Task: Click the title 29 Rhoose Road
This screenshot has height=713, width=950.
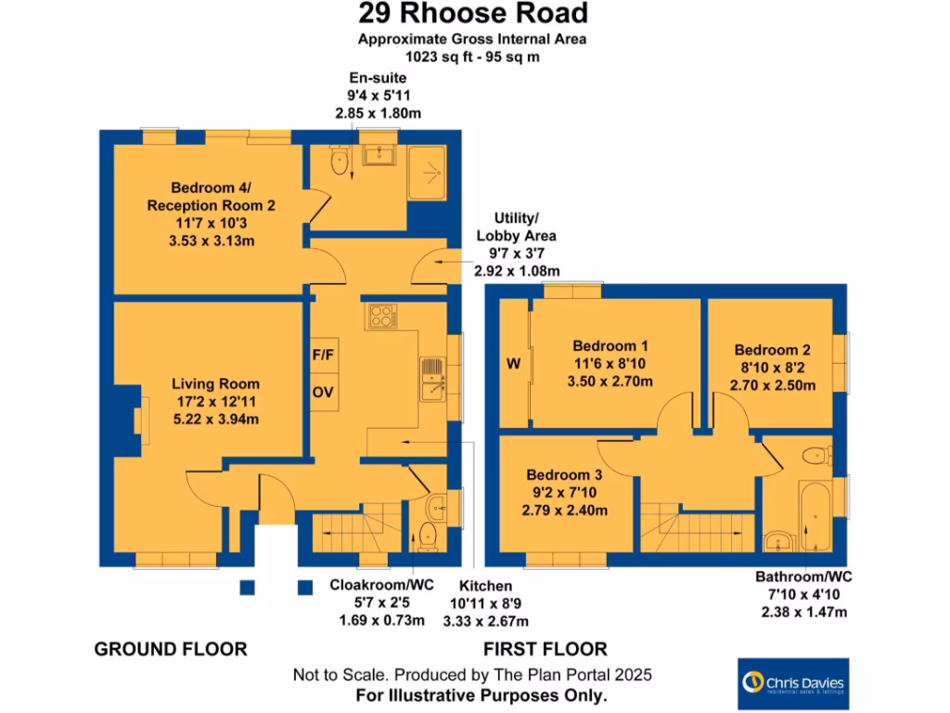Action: pyautogui.click(x=473, y=14)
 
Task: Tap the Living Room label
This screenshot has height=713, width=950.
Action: pyautogui.click(x=215, y=383)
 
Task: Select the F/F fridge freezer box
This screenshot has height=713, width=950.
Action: pyautogui.click(x=323, y=354)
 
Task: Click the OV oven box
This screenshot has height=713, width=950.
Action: pyautogui.click(x=323, y=392)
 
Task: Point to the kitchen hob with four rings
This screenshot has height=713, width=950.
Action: pyautogui.click(x=381, y=317)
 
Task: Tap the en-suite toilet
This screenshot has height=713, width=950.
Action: pyautogui.click(x=340, y=162)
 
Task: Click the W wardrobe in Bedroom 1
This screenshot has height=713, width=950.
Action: pyautogui.click(x=513, y=363)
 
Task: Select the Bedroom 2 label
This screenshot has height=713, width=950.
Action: pyautogui.click(x=772, y=350)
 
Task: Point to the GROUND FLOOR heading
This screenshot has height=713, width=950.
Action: pyautogui.click(x=171, y=649)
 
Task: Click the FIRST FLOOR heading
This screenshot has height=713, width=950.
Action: pyautogui.click(x=545, y=649)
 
